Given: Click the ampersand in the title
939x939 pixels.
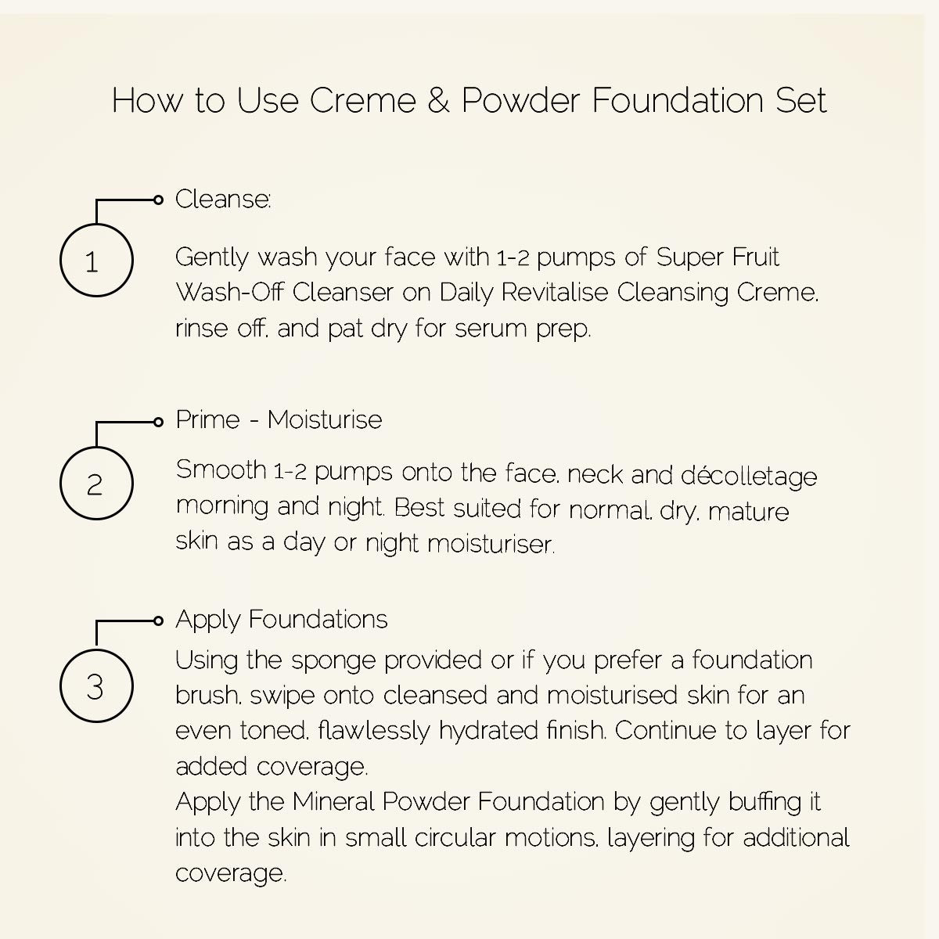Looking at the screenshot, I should coord(439,101).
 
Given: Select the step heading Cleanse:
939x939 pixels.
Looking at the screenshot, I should coord(223,200).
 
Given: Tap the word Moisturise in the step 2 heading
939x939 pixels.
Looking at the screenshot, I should coord(325,420).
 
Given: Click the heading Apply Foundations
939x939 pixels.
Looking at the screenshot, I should coord(282,620).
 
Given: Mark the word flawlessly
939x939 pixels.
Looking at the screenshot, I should coord(374,731).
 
